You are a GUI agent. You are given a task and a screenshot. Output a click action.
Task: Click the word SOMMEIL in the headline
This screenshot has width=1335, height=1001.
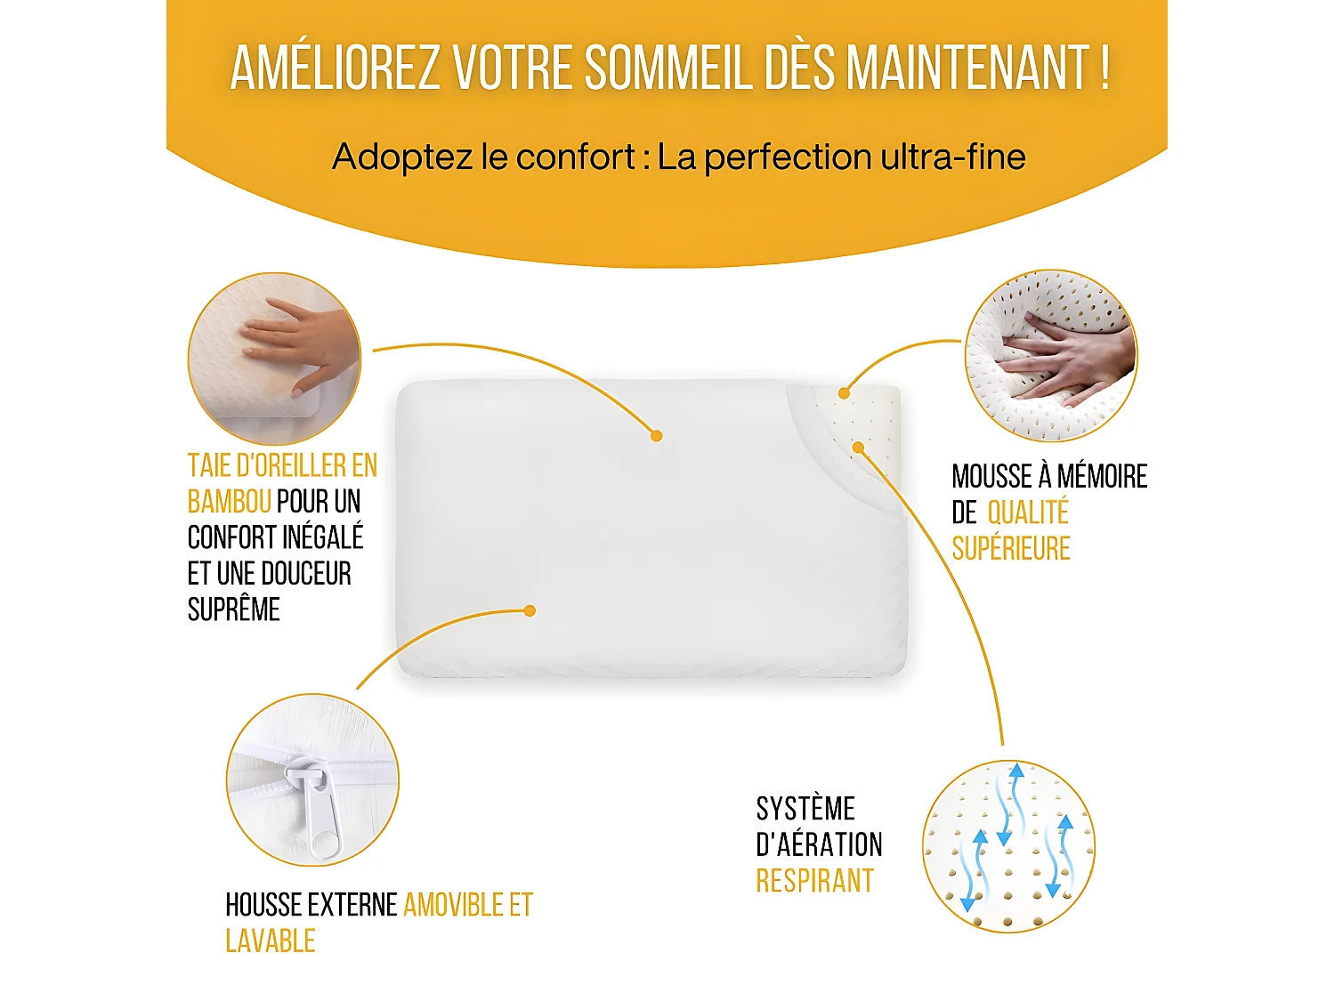coord(667,68)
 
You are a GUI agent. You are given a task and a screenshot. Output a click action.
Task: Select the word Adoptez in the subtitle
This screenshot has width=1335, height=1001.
coord(401,157)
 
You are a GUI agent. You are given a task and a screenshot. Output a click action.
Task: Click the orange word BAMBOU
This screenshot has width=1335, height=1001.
coord(229,502)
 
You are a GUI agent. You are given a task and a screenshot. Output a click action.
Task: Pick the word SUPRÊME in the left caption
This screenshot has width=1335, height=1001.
coord(233,609)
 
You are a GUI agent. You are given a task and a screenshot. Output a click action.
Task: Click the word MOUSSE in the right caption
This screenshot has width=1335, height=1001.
coord(991,477)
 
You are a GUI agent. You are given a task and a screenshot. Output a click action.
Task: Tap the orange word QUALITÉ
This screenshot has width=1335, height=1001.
coord(1028,513)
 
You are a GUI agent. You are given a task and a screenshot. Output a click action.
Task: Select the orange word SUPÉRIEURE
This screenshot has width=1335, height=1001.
coord(1011,549)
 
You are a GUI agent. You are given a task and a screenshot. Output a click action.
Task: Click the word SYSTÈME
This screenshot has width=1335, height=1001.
coord(805,809)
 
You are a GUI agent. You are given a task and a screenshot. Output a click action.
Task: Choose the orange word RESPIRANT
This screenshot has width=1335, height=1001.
coord(814,881)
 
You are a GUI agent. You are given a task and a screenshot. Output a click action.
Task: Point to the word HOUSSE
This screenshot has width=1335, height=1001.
coord(264,905)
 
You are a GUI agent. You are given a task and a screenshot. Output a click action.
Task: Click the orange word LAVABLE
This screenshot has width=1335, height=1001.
coord(270,941)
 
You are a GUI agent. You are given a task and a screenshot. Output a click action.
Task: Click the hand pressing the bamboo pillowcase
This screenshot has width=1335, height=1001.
coord(294,347)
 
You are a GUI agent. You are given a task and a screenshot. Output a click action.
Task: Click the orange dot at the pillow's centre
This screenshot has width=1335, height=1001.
coord(656,436)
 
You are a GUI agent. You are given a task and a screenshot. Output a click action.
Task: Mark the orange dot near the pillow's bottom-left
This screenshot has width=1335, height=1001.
coord(530,610)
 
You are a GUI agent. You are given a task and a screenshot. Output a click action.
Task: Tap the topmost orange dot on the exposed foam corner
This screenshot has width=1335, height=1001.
coord(844,392)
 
